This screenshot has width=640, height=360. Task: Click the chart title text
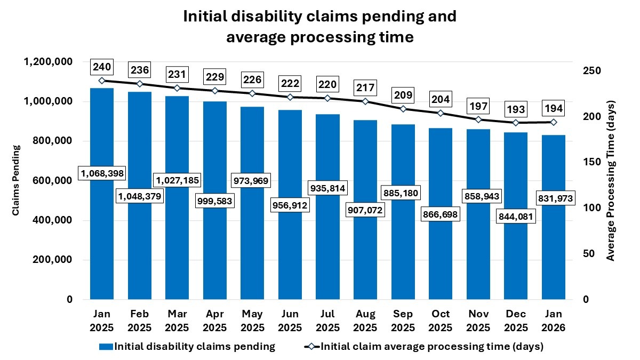coord(320,27)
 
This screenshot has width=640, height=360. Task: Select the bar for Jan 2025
coord(101,240)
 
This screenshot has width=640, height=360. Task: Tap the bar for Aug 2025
coord(365,256)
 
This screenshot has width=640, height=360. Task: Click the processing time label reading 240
coord(101,67)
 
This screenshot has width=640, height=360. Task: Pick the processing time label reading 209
coord(403,95)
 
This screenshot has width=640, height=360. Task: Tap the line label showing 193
coord(516,109)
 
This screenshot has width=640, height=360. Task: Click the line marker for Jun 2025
coord(290,97)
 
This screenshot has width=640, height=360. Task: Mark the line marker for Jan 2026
coord(554,122)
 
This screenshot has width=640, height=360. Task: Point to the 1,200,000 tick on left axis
coord(49,62)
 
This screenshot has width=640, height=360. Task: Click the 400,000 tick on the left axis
coord(52,220)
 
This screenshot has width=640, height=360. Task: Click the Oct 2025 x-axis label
coord(441,320)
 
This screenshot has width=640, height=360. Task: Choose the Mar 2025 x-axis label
coord(177,320)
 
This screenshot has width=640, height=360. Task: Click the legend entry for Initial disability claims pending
coord(187,347)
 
